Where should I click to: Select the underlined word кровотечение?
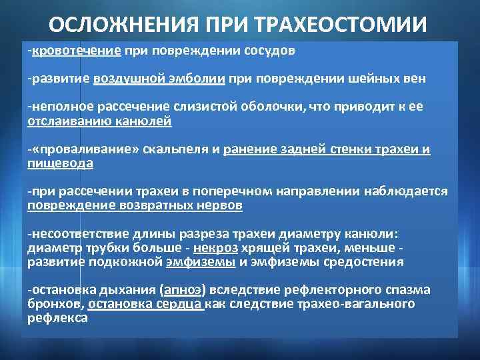(76, 51)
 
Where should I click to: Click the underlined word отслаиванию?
(63, 121)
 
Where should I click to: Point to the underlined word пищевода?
(61, 163)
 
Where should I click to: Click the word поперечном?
(218, 192)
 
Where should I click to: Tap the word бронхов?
(55, 303)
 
